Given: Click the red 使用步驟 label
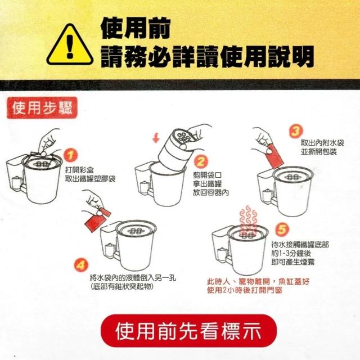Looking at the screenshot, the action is point(42,107).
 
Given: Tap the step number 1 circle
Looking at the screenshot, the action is point(71,155).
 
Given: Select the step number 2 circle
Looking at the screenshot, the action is point(201,162).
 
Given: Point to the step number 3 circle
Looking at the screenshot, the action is point(296,131).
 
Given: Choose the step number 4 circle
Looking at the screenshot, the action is point(81,265).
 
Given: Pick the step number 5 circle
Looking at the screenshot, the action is point(282,229).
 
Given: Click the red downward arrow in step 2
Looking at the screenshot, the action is point(156,138).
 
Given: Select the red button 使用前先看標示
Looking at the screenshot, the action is point(189,331).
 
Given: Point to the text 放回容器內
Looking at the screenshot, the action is point(211,192).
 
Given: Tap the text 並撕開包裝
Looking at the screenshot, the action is point(319,152).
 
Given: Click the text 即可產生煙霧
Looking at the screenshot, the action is point(292,262).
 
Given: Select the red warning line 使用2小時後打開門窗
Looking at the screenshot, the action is point(245,290).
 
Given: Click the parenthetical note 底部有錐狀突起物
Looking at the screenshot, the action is point(121,286).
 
